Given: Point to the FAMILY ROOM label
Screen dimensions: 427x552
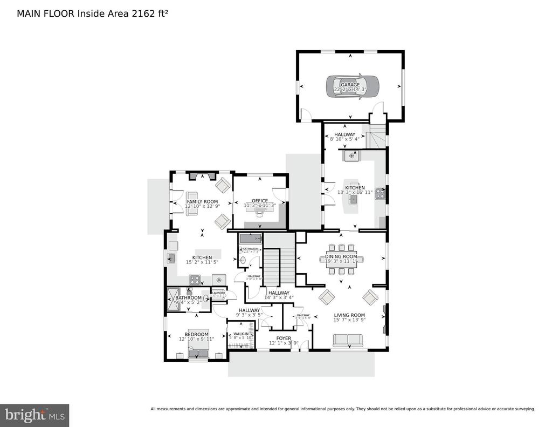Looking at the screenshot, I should pos(202,201).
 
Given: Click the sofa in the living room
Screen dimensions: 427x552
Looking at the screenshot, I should pos(348,340).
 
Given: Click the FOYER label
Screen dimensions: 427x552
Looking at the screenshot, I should pos(284,339).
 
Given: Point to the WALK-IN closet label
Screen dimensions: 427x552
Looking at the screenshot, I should pos(240,335).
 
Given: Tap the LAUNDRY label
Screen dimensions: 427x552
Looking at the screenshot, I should pos(219,293).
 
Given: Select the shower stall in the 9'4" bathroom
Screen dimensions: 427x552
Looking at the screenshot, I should pos(175,300).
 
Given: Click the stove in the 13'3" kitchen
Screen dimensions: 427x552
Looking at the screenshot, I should pos(379,193).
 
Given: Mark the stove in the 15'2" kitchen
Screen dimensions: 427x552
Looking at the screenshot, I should pos(195,279).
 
